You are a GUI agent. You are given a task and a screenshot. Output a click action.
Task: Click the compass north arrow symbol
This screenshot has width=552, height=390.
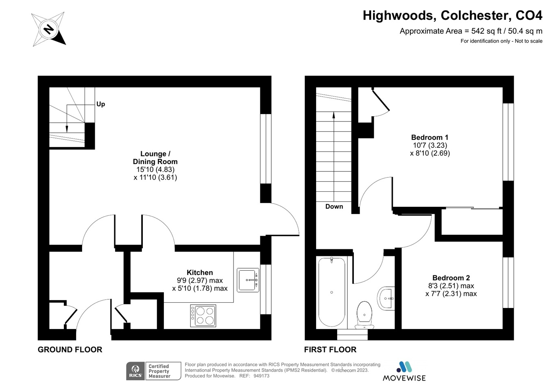[x=48, y=29]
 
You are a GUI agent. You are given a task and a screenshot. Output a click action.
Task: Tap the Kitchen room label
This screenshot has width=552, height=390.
[x=200, y=273]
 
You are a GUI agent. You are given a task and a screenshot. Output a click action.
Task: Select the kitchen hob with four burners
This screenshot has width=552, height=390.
[x=203, y=316]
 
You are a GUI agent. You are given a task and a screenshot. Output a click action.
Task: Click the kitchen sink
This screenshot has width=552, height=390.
[x=248, y=280]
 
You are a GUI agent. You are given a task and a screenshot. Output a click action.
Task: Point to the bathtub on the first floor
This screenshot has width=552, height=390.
[x=332, y=292]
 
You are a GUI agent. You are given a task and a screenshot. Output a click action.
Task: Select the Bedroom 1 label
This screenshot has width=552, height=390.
[x=430, y=137]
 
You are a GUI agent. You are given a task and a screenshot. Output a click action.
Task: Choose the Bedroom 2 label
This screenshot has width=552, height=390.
[x=451, y=278]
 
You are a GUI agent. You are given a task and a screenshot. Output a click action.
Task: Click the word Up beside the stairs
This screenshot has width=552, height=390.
[x=100, y=104]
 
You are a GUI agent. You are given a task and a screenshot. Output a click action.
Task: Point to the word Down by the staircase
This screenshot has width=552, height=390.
[x=334, y=206]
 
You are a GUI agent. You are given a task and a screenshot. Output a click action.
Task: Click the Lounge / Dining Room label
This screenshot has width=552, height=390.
[x=155, y=158]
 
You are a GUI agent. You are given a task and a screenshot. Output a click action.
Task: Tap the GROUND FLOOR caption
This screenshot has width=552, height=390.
[x=70, y=349]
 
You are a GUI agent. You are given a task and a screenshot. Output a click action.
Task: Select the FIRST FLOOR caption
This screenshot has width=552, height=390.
[x=330, y=349]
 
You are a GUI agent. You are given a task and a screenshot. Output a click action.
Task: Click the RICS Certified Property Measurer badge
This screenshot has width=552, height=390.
[x=153, y=371]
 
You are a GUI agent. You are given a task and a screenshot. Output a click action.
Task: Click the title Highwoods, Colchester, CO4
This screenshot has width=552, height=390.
[x=452, y=15]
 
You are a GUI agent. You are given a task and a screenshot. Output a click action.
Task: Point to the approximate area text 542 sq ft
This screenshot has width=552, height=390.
[x=471, y=31]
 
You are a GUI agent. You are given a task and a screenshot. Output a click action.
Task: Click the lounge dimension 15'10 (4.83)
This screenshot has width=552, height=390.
[x=155, y=169]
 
